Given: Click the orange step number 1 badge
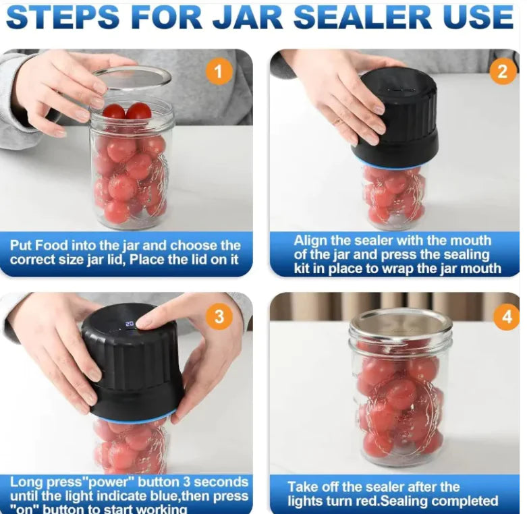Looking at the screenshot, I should click(x=218, y=71).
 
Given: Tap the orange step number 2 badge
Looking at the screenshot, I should click(x=502, y=72).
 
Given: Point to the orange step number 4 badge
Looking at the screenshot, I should click(x=506, y=317).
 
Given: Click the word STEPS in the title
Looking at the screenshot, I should click(x=73, y=18).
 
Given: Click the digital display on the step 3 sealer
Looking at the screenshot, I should click(x=130, y=324).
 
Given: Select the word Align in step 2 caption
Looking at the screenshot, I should click(x=310, y=240).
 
